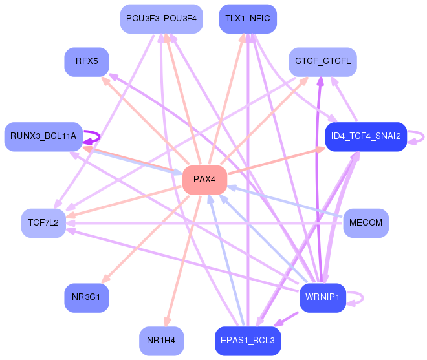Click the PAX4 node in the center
[x=205, y=180]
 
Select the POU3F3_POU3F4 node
[x=162, y=19]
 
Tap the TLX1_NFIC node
[x=248, y=19]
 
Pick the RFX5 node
[x=87, y=62]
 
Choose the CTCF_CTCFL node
[x=323, y=62]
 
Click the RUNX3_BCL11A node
[x=43, y=136]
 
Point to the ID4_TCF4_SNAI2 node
[x=366, y=136]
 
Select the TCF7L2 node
[x=43, y=223]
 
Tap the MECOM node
[x=366, y=223]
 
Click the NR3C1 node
[x=87, y=298]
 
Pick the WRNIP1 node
[x=323, y=298]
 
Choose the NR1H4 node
[x=162, y=341]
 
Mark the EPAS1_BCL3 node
[x=248, y=341]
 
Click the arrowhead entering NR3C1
[x=105, y=279]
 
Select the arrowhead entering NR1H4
[x=167, y=322]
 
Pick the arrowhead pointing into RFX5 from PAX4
[x=105, y=81]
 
